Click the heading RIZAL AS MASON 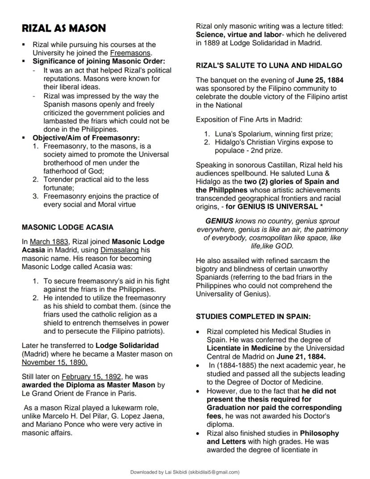tap(64, 29)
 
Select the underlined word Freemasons tap(131, 53)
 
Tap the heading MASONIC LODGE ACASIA tap(67, 227)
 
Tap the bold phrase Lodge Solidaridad tap(127, 346)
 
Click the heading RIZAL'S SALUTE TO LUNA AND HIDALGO tap(269, 65)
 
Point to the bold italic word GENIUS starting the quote tap(219, 221)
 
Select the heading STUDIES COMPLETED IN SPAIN tap(253, 316)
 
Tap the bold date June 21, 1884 tap(311, 356)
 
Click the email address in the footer tap(214, 472)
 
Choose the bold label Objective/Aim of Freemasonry tap(86, 138)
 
